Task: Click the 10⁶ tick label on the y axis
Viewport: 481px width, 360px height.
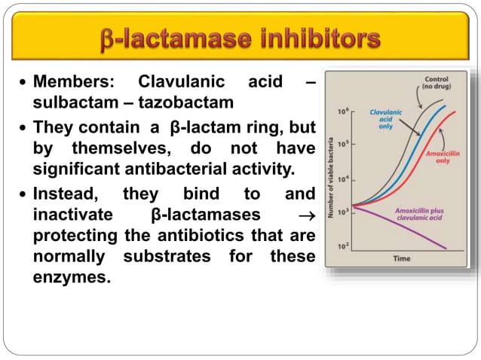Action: (342, 111)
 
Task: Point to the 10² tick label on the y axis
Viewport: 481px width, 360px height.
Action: (342, 246)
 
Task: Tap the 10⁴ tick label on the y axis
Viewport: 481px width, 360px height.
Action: (342, 178)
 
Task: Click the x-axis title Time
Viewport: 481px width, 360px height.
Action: (402, 258)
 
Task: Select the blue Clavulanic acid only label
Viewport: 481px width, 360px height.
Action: (384, 118)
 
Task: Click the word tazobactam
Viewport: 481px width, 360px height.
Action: (192, 101)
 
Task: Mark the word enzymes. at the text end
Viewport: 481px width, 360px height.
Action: (72, 276)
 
